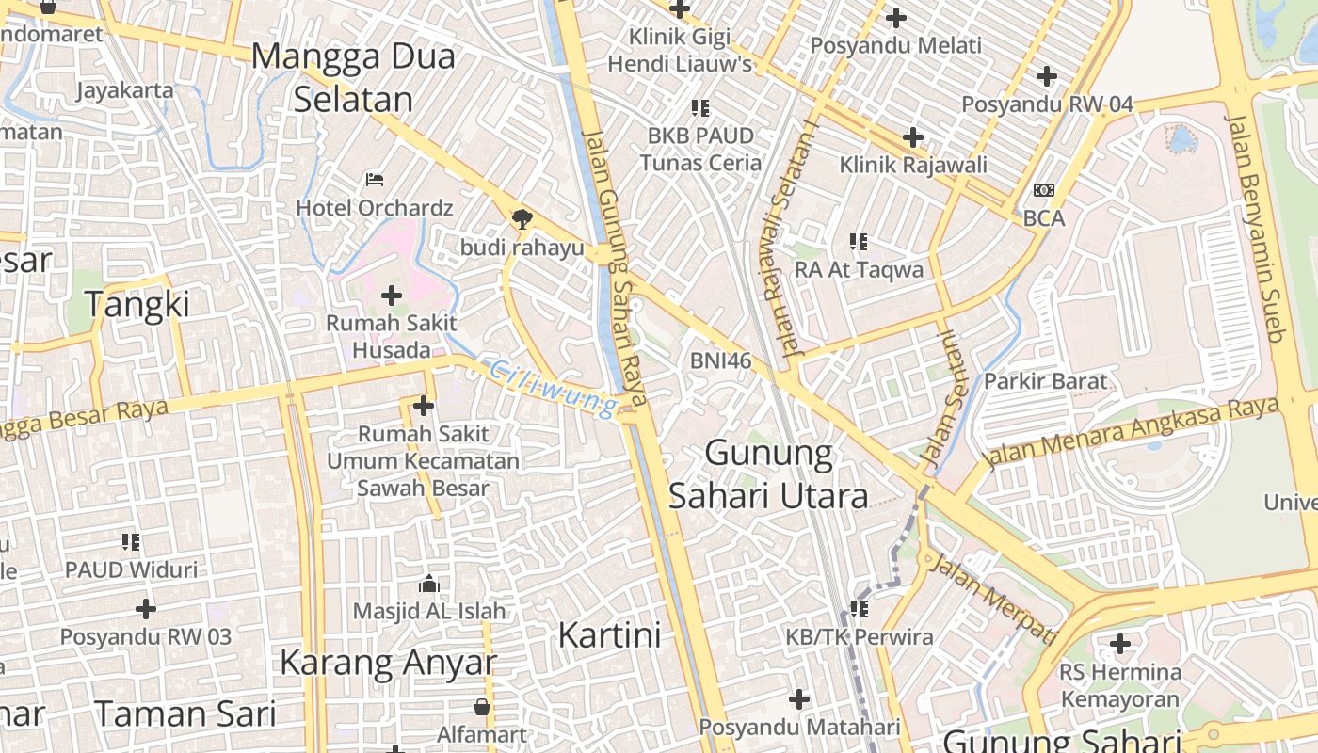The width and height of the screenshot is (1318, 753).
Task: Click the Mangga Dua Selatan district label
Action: pyautogui.click(x=353, y=77)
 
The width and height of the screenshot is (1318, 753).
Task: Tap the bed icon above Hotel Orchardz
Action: pyautogui.click(x=375, y=179)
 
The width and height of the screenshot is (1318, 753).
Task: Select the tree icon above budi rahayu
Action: pyautogui.click(x=522, y=219)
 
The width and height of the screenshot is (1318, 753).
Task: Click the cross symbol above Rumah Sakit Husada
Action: pyautogui.click(x=391, y=296)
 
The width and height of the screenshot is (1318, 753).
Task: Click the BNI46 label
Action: pyautogui.click(x=720, y=360)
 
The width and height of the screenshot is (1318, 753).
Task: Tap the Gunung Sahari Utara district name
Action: pyautogui.click(x=768, y=474)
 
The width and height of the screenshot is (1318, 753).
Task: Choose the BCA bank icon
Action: pyautogui.click(x=1043, y=190)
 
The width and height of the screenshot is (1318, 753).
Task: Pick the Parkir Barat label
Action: pyautogui.click(x=1045, y=381)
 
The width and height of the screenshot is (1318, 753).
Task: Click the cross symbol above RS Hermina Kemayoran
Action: pyautogui.click(x=1119, y=645)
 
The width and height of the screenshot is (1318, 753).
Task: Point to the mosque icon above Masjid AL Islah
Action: pyautogui.click(x=429, y=584)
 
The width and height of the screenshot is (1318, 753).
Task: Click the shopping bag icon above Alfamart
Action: pyautogui.click(x=481, y=706)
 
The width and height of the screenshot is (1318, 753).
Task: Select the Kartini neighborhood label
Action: pyautogui.click(x=609, y=635)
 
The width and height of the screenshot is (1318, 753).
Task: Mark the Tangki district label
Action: pyautogui.click(x=137, y=304)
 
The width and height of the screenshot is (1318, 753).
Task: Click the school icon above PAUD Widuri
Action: pyautogui.click(x=131, y=542)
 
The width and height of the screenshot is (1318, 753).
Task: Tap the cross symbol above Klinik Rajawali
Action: pyautogui.click(x=912, y=137)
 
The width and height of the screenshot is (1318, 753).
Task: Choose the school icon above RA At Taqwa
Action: pyautogui.click(x=858, y=242)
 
